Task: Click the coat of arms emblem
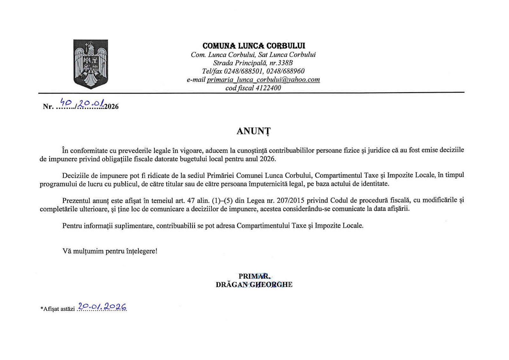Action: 91,64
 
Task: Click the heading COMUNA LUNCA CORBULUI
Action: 254,46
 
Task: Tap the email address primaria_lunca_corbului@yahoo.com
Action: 263,80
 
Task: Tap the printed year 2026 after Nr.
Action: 111,107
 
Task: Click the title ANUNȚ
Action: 254,131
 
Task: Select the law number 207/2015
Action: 291,201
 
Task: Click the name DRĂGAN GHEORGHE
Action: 254,285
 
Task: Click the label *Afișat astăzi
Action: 58,309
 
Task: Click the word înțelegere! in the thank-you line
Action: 142,251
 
